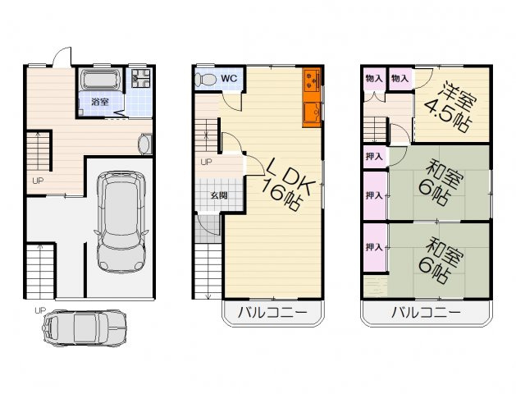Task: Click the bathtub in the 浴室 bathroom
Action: [x=100, y=80]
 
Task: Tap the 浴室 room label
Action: [x=100, y=102]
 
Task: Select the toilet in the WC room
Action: [x=204, y=80]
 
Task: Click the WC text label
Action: [x=229, y=79]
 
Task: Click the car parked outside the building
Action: [x=84, y=328]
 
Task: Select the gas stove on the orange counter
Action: [x=311, y=80]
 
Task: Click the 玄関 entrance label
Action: [x=219, y=195]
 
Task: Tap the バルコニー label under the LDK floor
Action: [x=272, y=312]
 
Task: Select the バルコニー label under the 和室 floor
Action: [x=426, y=312]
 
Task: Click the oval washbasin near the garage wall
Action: [x=145, y=144]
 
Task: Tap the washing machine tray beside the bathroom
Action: [x=141, y=78]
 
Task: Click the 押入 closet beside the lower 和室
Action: [x=375, y=248]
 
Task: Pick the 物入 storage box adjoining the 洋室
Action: [x=400, y=78]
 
